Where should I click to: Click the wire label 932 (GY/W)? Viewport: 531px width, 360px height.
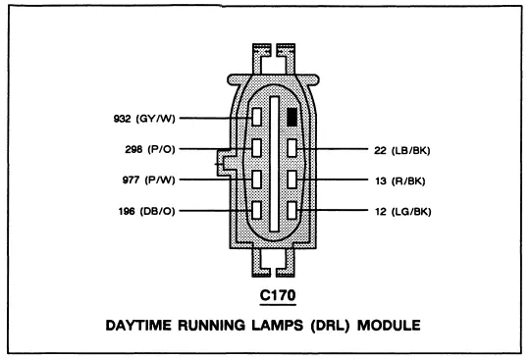(x=144, y=119)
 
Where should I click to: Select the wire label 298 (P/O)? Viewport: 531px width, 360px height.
(x=150, y=149)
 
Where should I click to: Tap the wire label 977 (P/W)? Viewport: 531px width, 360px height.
(x=148, y=180)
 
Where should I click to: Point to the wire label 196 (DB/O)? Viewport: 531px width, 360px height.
(x=146, y=212)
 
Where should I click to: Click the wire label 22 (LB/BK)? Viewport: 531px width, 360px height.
(x=402, y=150)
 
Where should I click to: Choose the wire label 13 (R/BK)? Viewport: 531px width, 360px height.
(x=399, y=181)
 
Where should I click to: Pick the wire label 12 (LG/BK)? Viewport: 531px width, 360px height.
(x=403, y=212)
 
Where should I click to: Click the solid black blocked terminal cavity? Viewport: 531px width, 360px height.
(x=292, y=117)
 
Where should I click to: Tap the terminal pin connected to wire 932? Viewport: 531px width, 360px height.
(x=257, y=117)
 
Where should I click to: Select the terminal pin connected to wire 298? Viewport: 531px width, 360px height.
(x=257, y=148)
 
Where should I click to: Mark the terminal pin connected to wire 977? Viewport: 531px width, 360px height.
(x=257, y=180)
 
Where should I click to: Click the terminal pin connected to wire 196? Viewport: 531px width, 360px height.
(x=257, y=210)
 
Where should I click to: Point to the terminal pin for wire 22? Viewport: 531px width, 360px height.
(x=292, y=148)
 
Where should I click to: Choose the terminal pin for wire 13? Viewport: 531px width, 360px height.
(x=292, y=180)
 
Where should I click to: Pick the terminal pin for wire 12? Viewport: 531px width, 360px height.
(x=292, y=210)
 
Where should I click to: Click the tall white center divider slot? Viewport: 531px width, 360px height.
(x=274, y=164)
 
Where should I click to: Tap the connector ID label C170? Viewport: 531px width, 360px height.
(x=278, y=295)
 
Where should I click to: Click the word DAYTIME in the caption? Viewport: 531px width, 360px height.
(x=138, y=326)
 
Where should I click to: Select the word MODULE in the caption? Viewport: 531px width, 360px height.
(x=389, y=326)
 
